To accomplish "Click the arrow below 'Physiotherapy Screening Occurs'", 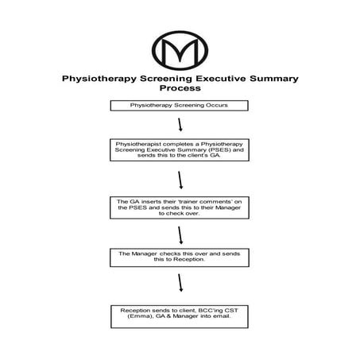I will [181, 125].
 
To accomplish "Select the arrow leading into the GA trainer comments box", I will [181, 180].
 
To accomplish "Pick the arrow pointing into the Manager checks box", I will [181, 235].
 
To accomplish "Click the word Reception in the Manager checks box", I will [188, 259].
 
